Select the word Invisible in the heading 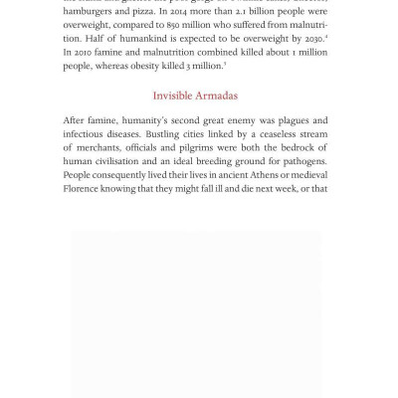click(175, 96)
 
